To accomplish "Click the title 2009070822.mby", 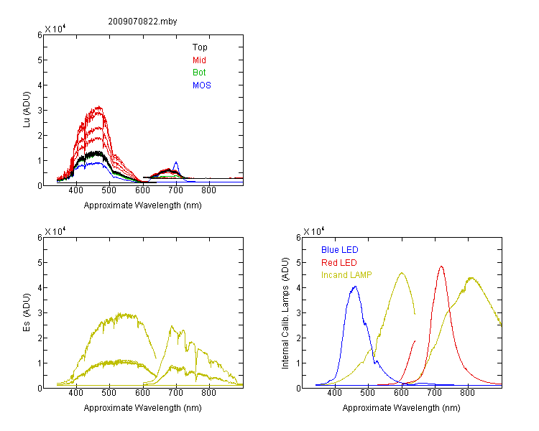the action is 142,22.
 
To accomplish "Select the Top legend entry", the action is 200,47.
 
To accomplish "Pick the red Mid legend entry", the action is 199,60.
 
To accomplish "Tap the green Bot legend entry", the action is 199,73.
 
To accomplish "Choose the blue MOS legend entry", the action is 201,85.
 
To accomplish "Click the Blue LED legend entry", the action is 340,250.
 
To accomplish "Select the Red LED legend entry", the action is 339,263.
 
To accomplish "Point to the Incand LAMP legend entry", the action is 346,275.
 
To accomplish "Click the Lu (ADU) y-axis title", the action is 27,110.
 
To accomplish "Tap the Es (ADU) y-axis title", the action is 27,312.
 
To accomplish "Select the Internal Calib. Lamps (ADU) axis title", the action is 285,313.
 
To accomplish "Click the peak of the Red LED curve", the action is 441,267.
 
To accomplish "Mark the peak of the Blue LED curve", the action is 355,287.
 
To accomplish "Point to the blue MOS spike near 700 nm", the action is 176,162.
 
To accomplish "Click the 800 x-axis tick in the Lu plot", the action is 208,190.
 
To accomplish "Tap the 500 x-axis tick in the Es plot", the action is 109,393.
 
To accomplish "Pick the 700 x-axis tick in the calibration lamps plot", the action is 434,393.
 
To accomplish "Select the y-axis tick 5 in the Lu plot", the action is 40,60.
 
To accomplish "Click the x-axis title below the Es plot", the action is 143,408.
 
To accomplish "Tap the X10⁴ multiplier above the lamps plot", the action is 313,231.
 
